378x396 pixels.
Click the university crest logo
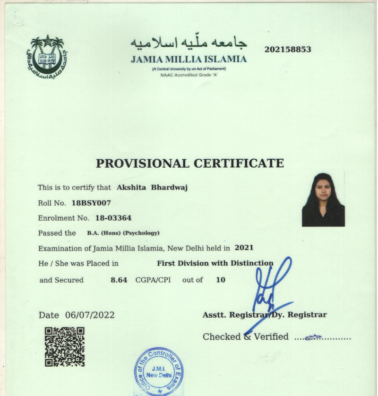coord(46,55)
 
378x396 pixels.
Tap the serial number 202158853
coord(288,50)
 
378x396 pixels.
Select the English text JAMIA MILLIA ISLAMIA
coord(189,60)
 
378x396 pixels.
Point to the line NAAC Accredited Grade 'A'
coord(189,75)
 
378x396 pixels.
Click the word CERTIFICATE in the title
coord(239,164)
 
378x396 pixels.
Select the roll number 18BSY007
coord(91,203)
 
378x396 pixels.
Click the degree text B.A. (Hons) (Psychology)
coord(123,233)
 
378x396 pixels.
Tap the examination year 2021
coord(244,247)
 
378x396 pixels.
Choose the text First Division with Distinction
coord(215,263)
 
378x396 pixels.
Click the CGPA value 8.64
coord(119,280)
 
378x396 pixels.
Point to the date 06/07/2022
coord(90,315)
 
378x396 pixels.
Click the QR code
coord(65,347)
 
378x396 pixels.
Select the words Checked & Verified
coord(245,336)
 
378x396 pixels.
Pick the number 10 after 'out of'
coord(220,280)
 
